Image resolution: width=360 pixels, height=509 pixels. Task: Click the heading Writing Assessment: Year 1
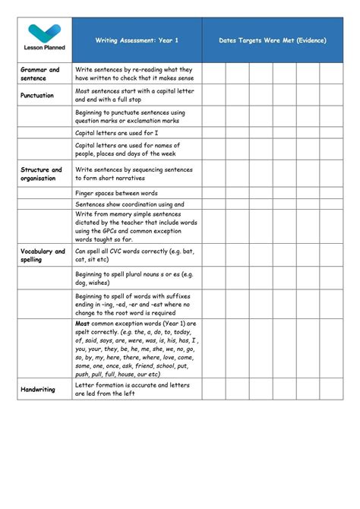point(137,40)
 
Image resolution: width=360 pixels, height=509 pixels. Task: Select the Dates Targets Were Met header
point(272,40)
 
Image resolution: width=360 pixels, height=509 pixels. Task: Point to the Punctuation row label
point(37,96)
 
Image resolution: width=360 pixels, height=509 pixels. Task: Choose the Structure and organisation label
point(41,174)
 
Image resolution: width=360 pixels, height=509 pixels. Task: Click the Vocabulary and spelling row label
point(43,255)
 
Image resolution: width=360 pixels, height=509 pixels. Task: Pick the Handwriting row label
point(37,389)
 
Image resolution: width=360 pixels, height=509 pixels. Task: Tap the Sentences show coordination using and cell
point(130,204)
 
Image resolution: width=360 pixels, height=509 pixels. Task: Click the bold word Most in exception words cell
point(82,323)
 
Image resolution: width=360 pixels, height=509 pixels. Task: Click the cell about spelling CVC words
point(134,255)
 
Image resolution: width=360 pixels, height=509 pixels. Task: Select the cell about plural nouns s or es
point(134,278)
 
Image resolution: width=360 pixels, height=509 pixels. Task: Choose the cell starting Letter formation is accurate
point(131,389)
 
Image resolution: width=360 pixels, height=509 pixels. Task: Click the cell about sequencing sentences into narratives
point(134,174)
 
